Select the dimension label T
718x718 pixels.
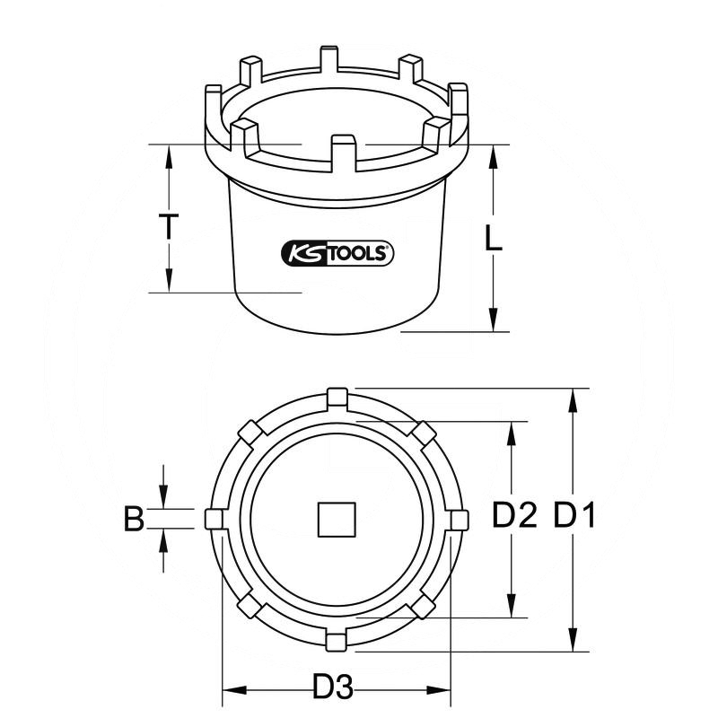[x=167, y=226]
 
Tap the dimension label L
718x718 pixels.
[x=492, y=238]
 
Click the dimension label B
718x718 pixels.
[x=134, y=519]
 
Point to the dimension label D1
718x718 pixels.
[x=575, y=517]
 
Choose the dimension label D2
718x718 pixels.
[x=515, y=517]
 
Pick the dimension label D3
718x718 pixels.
[x=333, y=689]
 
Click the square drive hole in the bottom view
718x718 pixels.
[x=337, y=520]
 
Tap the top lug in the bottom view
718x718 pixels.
[x=337, y=397]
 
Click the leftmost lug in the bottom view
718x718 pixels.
[x=215, y=520]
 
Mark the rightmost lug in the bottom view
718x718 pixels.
[x=459, y=520]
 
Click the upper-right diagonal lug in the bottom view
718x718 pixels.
[x=423, y=433]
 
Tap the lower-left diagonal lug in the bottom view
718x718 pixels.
[x=250, y=606]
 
